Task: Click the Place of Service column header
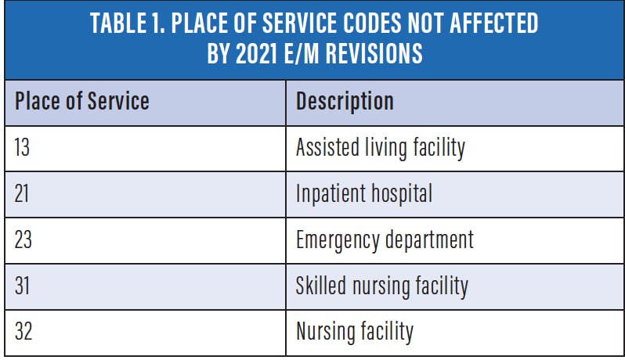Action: click(82, 102)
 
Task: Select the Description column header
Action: click(345, 102)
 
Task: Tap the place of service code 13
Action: click(23, 147)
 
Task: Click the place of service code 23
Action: click(23, 239)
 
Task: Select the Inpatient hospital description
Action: click(363, 193)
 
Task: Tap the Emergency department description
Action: click(385, 239)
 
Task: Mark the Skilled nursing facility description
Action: click(381, 286)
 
